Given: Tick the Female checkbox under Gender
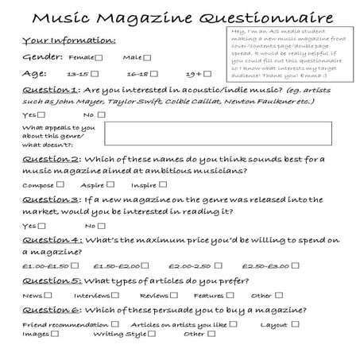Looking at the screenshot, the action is click(x=98, y=58).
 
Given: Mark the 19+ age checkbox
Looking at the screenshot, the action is click(x=207, y=73).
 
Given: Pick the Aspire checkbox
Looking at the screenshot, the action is click(x=108, y=184).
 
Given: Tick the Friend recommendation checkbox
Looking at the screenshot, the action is click(x=116, y=324).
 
